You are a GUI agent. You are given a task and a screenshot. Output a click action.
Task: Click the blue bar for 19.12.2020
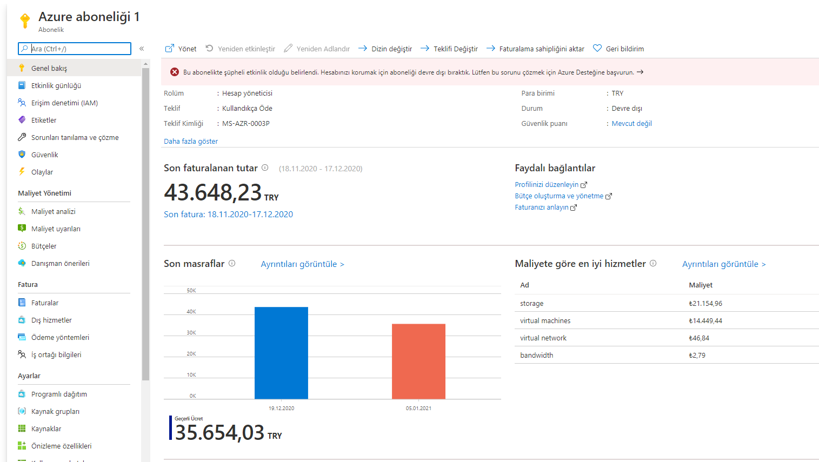[x=281, y=353]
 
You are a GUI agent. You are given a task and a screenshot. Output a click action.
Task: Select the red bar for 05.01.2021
[x=418, y=361]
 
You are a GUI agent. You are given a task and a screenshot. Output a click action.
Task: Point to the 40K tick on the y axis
[x=191, y=311]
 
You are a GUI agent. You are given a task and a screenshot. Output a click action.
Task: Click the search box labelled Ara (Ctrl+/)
[x=75, y=49]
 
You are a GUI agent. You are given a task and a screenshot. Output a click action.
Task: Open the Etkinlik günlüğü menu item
[x=56, y=85]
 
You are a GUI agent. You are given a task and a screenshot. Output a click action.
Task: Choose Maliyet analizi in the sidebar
[x=53, y=211]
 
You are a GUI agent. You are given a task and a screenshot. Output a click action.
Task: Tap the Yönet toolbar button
[x=181, y=49]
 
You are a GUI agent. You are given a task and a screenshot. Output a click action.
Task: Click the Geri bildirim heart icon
[x=597, y=48]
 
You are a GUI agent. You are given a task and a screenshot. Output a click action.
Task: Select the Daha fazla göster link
[x=191, y=141]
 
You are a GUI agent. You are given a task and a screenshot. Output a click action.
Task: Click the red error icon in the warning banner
[x=175, y=72]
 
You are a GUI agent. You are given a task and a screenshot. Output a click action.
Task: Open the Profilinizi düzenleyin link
[x=547, y=185]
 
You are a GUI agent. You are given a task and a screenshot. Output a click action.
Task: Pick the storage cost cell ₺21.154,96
[x=705, y=303]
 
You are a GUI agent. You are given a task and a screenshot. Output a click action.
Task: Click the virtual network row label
[x=543, y=338]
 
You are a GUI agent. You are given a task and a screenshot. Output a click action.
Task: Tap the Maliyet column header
[x=701, y=285]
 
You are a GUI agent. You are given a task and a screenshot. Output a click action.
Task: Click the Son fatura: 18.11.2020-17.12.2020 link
[x=228, y=214]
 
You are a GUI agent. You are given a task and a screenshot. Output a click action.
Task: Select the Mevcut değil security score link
[x=632, y=124]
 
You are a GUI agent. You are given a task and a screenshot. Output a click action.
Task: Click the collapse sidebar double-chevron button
[x=142, y=49]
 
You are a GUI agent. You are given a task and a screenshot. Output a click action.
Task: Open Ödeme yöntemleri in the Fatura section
[x=60, y=337]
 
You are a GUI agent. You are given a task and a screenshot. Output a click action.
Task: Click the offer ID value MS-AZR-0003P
[x=245, y=124]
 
